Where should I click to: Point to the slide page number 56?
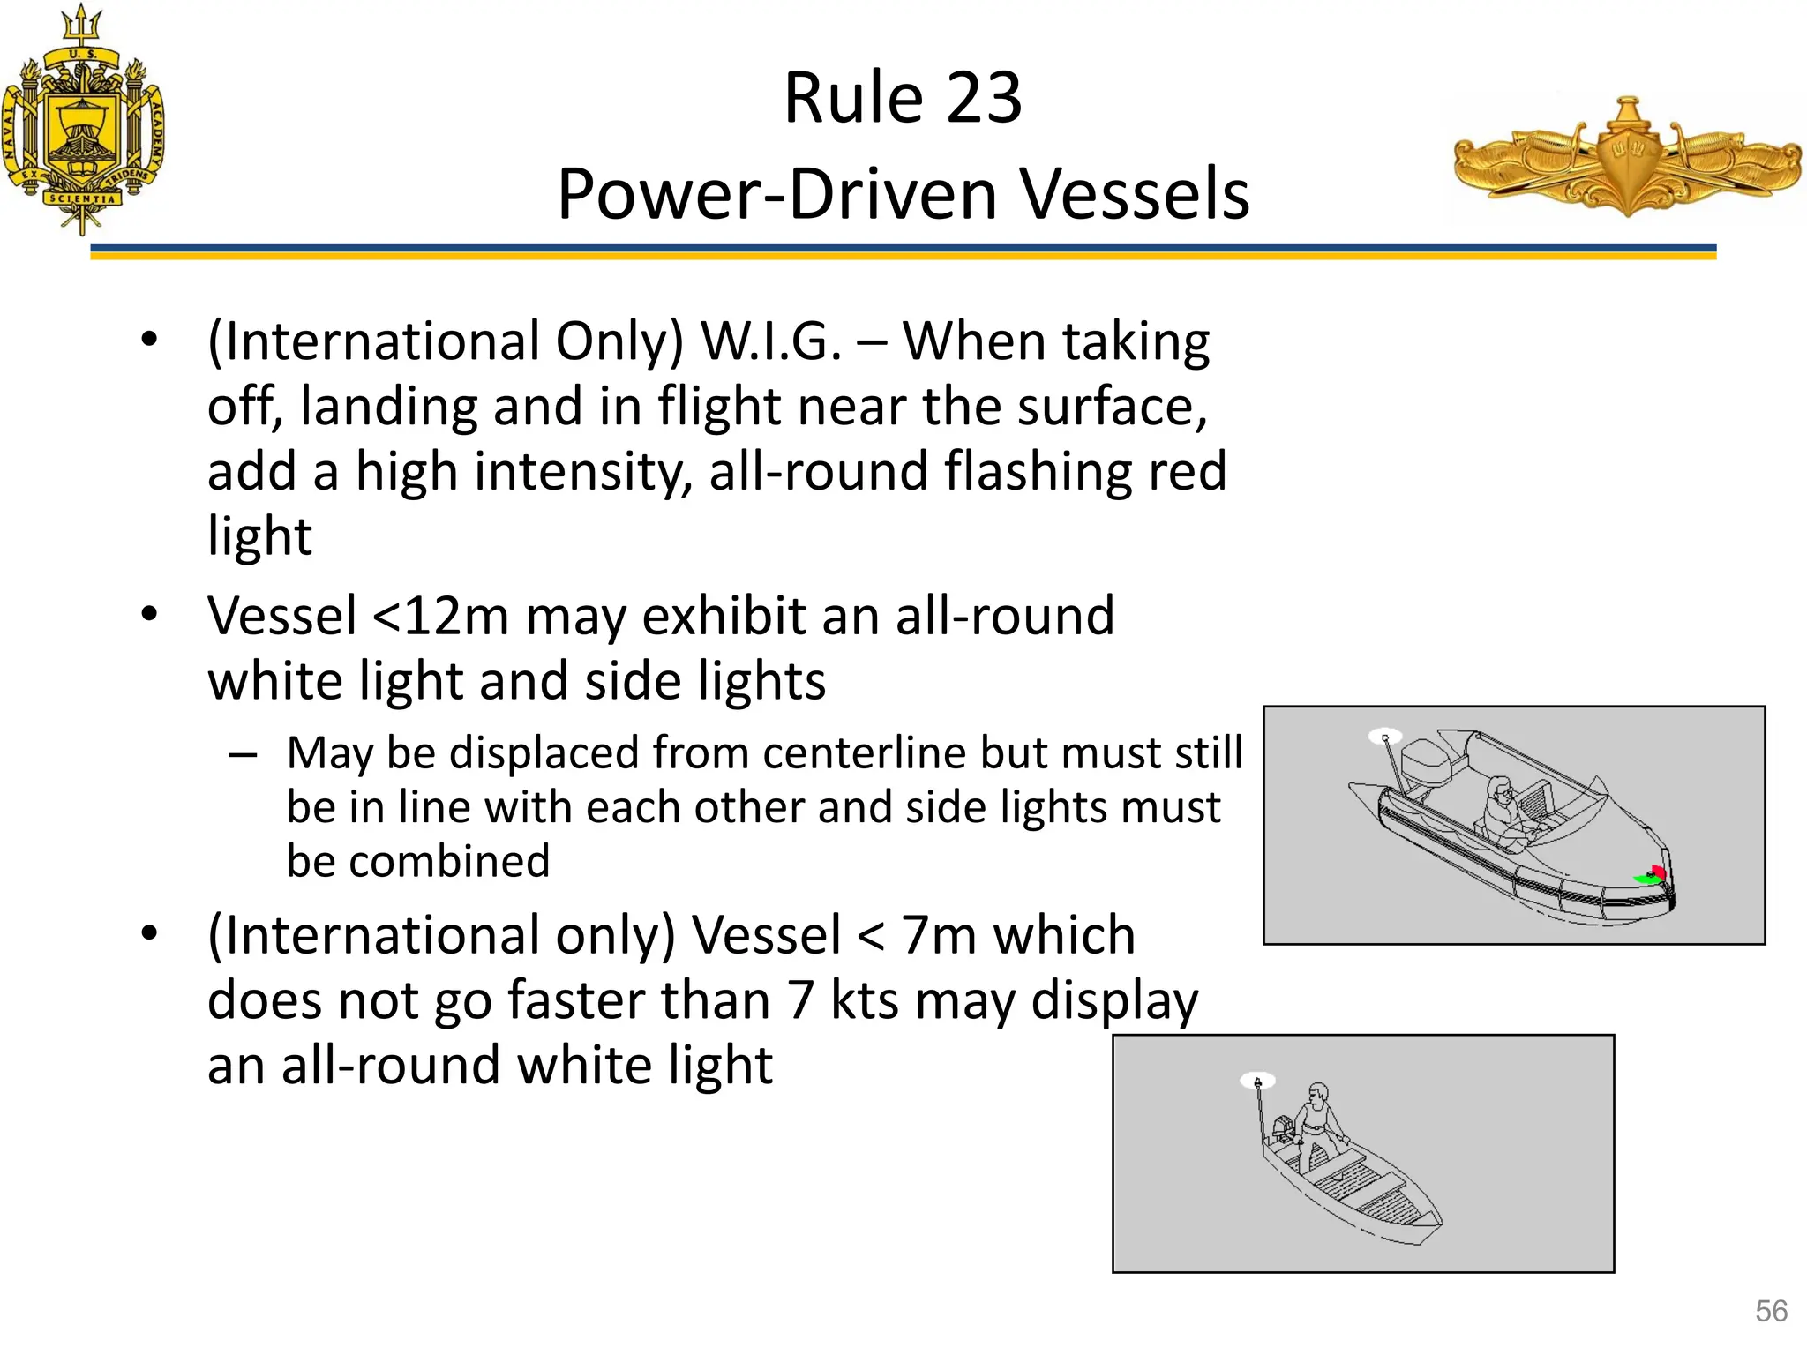point(1771,1311)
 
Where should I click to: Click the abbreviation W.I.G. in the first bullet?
point(770,341)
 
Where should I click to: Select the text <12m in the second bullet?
point(440,616)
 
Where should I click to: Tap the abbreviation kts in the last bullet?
point(864,1001)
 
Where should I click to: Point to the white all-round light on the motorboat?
point(1384,737)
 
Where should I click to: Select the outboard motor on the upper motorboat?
point(1428,764)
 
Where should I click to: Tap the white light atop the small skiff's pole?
point(1257,1081)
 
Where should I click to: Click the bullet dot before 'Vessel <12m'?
point(149,615)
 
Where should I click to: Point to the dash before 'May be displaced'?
point(242,755)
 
